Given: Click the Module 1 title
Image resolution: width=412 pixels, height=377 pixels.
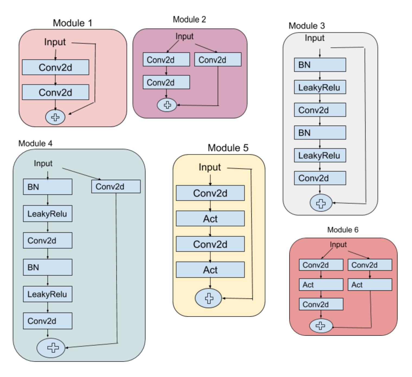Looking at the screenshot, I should click(72, 23).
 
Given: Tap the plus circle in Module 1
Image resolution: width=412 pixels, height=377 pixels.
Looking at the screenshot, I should click(55, 117).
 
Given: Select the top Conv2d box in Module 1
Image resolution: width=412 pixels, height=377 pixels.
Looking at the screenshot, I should click(55, 67).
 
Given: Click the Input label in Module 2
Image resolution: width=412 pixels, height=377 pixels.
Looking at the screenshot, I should click(184, 36).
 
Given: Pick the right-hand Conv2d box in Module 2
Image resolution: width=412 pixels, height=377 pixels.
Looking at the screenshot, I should click(218, 60).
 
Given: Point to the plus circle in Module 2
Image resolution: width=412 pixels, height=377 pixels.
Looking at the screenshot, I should click(167, 105).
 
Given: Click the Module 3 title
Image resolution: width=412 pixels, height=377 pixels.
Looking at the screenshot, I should click(307, 26).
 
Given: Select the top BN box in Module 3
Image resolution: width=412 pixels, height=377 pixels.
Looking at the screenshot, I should click(320, 65).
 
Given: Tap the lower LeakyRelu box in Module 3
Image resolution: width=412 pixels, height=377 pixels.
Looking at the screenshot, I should click(320, 155).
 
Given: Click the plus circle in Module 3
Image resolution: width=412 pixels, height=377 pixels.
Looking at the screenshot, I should click(321, 203).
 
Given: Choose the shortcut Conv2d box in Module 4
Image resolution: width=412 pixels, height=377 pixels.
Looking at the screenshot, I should click(116, 186).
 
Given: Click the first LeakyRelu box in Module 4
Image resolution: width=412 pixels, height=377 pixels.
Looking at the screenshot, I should click(47, 214).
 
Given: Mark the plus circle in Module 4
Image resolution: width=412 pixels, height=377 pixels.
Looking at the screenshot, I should click(51, 348).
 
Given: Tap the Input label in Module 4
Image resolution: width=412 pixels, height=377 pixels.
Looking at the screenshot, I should click(43, 163).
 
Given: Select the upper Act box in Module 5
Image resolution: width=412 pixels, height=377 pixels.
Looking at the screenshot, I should click(210, 218).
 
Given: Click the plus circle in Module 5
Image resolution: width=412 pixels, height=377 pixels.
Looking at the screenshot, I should click(208, 298).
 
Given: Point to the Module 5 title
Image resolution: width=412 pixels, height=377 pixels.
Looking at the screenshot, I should click(228, 148).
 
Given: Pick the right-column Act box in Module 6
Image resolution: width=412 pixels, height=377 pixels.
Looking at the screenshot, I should click(370, 285).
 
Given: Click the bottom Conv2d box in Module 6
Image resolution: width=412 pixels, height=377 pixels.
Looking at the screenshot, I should click(321, 304).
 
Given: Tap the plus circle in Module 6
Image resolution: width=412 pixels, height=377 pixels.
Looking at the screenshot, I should click(321, 326).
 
